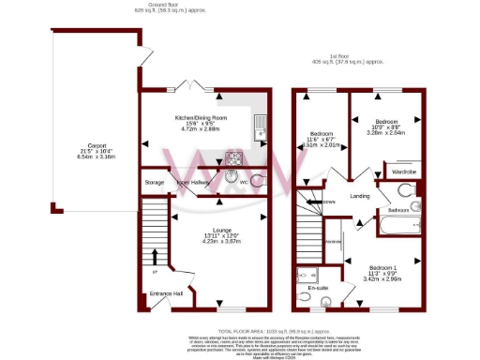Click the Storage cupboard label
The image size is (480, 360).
click(155, 182)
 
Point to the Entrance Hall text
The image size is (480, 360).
click(166, 293)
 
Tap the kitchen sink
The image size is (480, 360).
click(262, 124)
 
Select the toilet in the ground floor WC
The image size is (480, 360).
click(229, 180)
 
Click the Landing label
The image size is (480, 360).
click(359, 196)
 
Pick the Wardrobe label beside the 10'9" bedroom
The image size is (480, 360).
click(404, 172)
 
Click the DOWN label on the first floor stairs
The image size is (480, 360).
click(328, 202)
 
